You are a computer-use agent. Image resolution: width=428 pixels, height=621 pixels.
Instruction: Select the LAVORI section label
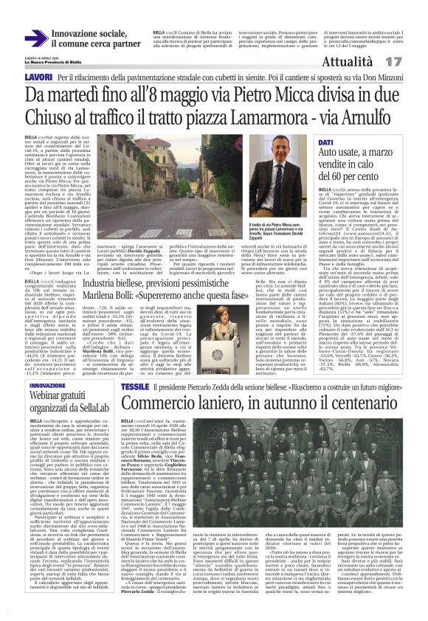38,77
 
